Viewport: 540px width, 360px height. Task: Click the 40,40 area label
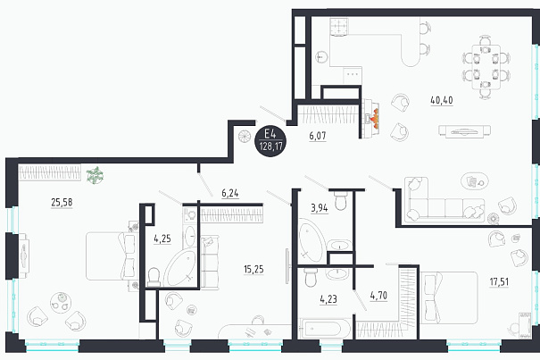442,100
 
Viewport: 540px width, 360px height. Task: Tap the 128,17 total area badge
270,140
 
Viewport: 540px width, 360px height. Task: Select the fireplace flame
376,119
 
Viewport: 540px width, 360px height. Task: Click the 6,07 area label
318,136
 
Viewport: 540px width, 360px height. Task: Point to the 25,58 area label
62,203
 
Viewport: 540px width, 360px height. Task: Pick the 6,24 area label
230,194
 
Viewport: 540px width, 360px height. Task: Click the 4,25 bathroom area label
162,239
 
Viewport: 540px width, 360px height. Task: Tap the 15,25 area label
253,269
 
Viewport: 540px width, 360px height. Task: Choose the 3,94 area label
320,209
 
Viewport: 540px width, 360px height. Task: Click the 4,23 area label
328,299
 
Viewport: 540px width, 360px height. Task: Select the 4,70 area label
378,296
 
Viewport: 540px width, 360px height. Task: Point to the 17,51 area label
499,282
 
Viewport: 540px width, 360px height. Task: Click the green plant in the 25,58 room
95,175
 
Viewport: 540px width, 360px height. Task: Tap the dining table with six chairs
486,67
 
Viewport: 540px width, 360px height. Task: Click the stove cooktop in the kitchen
340,27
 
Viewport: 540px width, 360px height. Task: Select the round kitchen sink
322,57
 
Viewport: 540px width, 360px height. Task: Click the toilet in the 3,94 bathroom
341,201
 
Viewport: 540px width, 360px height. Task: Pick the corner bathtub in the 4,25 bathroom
180,268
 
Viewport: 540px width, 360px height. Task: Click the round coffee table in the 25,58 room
61,303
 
